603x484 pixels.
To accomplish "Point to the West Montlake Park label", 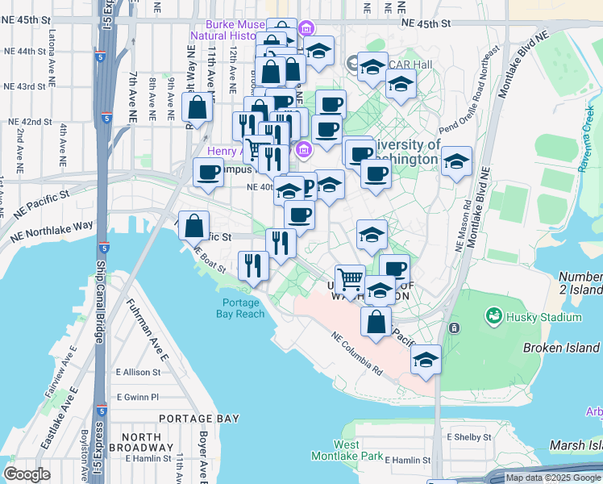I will pos(347,450).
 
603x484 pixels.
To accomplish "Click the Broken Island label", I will pos(561,348).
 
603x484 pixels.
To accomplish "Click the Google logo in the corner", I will pos(27,474).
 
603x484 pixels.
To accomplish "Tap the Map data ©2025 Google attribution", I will pos(553,478).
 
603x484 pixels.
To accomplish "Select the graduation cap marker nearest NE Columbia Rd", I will pos(426,360).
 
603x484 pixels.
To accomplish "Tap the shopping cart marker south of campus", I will pos(350,279).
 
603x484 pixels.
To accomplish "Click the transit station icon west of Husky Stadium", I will pos(454,328).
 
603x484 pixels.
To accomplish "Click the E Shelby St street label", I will pos(469,436).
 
